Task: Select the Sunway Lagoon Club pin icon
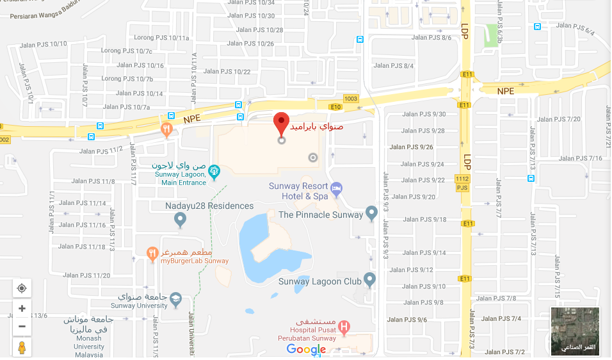tap(370, 280)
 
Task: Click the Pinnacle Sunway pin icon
tap(371, 213)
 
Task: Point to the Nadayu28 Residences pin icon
tap(181, 220)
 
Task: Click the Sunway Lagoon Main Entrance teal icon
tap(214, 172)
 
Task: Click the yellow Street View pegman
tap(22, 347)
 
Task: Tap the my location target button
tap(22, 288)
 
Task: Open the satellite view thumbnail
tap(575, 331)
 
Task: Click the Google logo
tap(306, 349)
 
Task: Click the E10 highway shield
tap(335, 107)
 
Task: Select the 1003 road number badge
tap(351, 99)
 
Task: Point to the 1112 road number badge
tap(462, 179)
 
